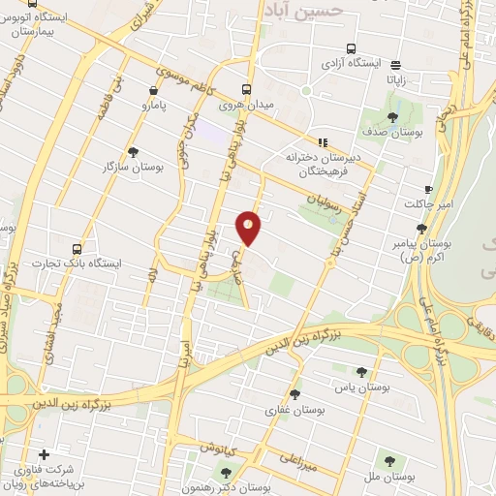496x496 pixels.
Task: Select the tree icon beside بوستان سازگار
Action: click(x=133, y=151)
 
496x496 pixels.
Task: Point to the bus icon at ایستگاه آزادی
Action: click(x=350, y=48)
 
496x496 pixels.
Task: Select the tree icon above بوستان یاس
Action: click(x=361, y=371)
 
